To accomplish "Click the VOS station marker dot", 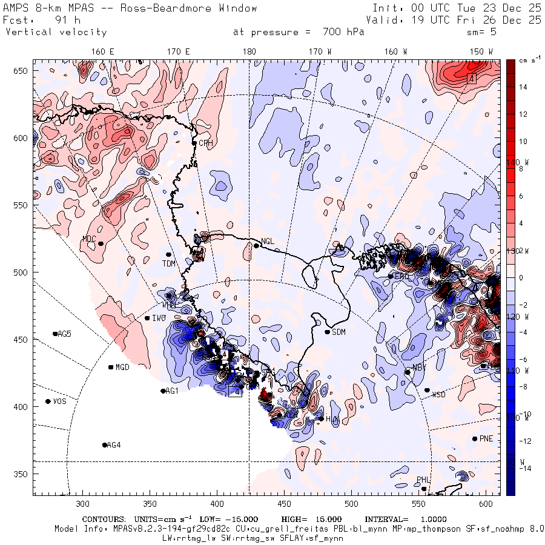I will (48, 401).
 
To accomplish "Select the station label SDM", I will (339, 332).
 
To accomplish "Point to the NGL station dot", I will (256, 245).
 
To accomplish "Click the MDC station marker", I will (101, 243).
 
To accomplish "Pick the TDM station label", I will (168, 263).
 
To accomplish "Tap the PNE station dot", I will (475, 438).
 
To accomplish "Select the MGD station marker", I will (111, 367).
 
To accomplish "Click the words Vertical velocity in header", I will (56, 32).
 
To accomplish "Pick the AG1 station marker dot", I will (163, 391).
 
